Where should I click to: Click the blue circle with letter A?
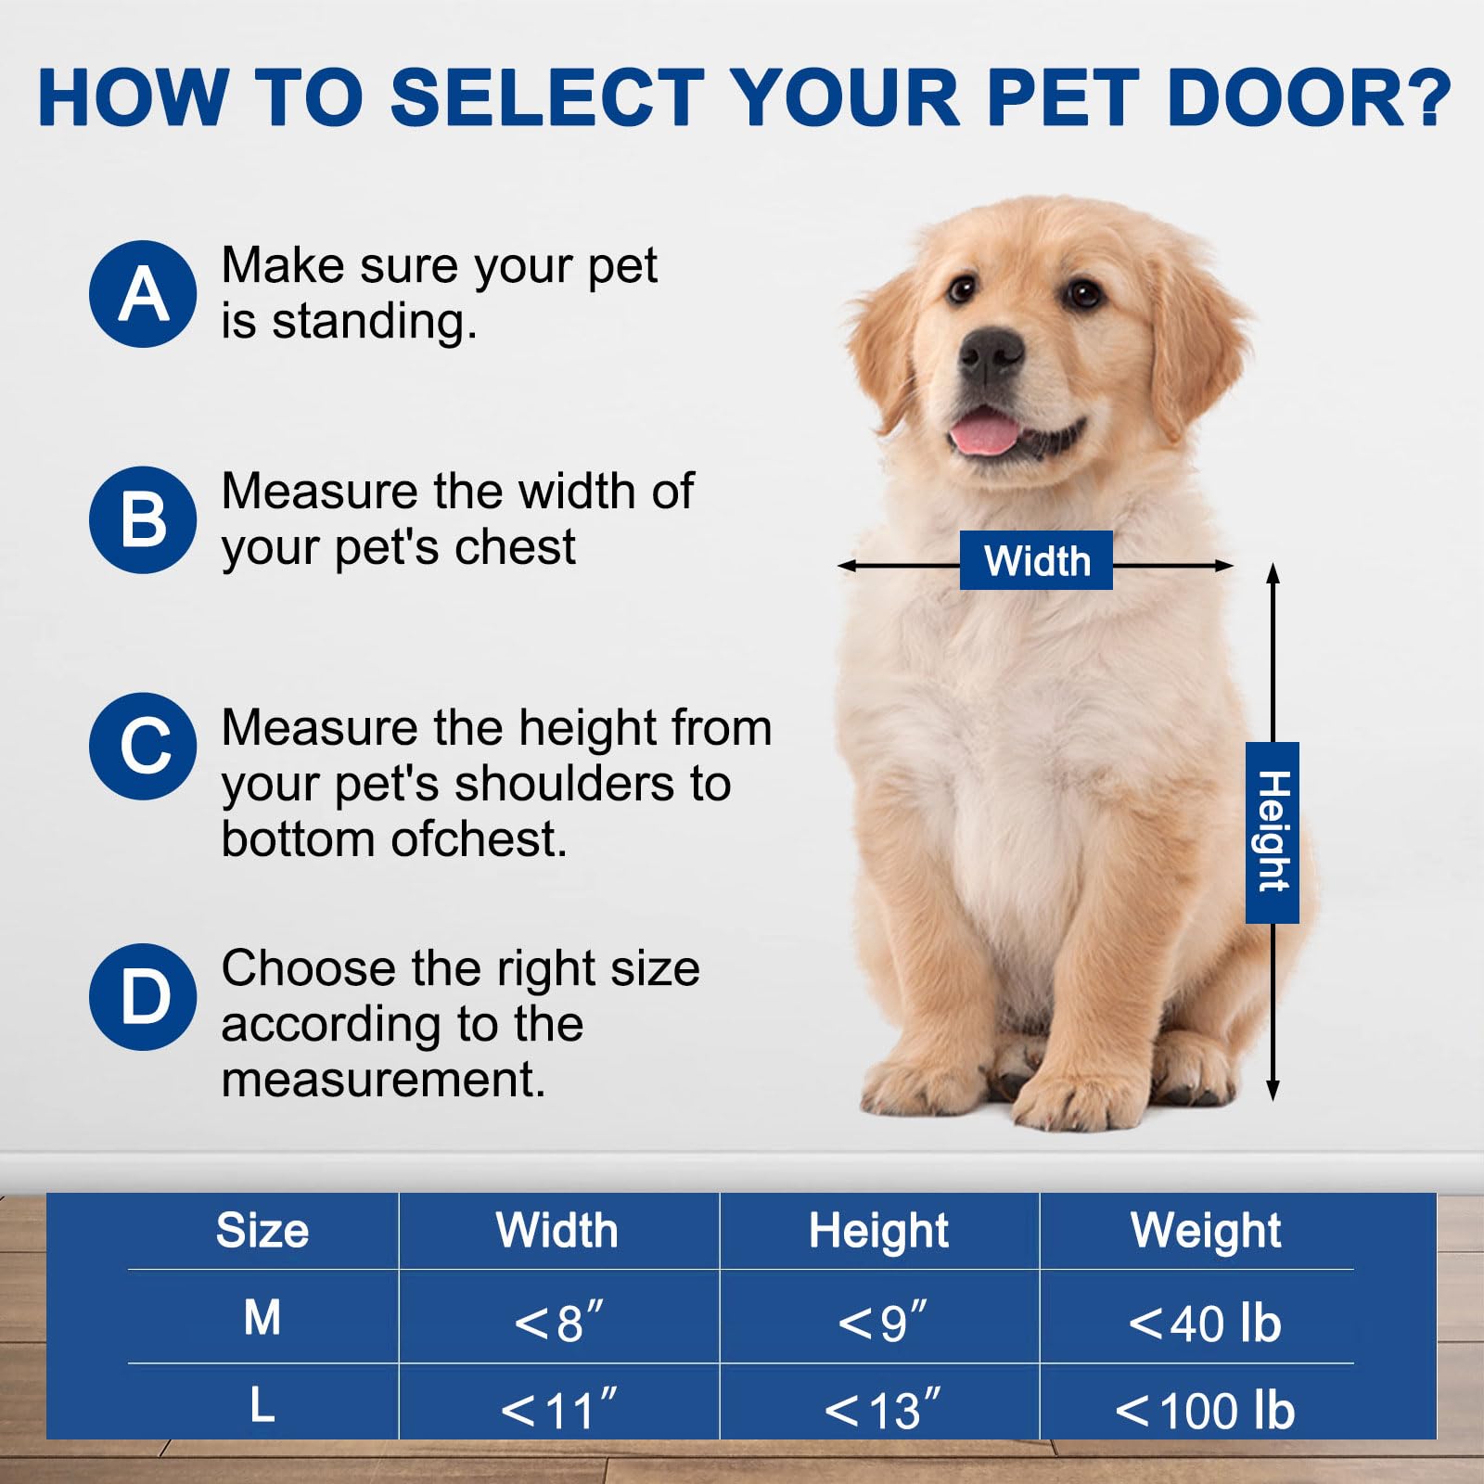click(143, 294)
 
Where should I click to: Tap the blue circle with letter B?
click(143, 519)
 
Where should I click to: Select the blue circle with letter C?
click(143, 746)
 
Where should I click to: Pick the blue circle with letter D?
click(143, 997)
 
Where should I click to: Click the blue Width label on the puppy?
click(1036, 560)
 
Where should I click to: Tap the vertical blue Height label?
click(1272, 832)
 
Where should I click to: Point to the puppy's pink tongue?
click(983, 434)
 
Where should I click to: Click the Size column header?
click(262, 1231)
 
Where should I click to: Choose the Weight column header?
click(1205, 1231)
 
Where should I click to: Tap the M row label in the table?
click(262, 1317)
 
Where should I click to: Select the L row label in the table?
click(262, 1405)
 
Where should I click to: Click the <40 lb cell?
click(1205, 1323)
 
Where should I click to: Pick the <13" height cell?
click(882, 1410)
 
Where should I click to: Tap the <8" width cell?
click(558, 1323)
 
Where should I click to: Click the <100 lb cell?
click(1205, 1410)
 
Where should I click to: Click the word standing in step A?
click(374, 323)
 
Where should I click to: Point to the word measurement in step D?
click(383, 1080)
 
